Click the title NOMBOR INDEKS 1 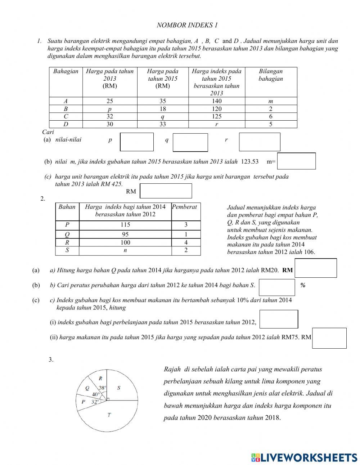tap(187, 25)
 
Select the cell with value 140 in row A tap(217, 101)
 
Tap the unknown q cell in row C tap(163, 117)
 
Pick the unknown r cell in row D tap(217, 124)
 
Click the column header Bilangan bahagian tap(271, 75)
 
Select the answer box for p tap(137, 142)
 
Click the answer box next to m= tap(296, 161)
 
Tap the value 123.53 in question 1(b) tap(250, 162)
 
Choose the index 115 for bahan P tap(125, 225)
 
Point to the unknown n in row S tap(125, 250)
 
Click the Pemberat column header tap(185, 207)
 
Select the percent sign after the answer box tap(303, 285)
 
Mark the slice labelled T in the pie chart tap(109, 415)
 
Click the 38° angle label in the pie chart tap(103, 388)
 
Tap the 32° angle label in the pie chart tap(95, 402)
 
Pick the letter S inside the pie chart tap(119, 388)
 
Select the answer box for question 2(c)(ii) tap(329, 338)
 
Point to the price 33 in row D tap(163, 124)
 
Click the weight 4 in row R tap(186, 242)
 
